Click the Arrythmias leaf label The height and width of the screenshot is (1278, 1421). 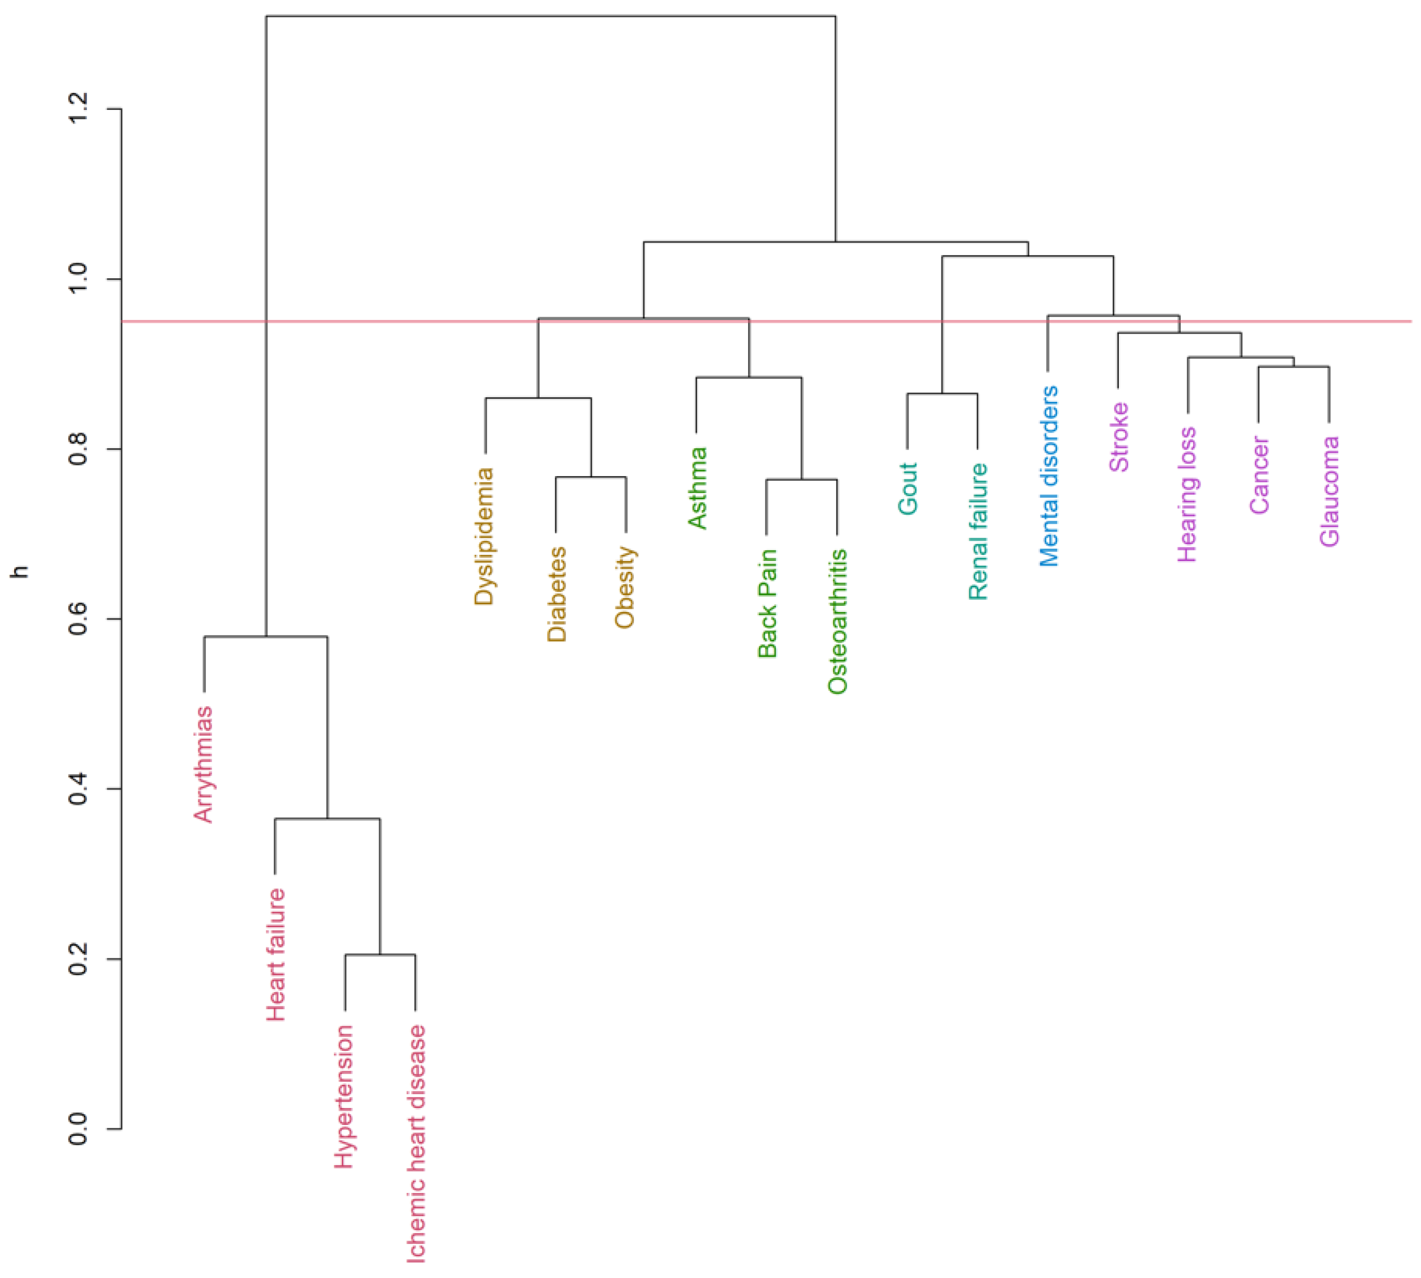[x=203, y=764]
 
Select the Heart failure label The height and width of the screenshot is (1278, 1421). [x=275, y=954]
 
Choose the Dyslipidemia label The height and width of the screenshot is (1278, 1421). [x=484, y=537]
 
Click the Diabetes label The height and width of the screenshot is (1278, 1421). [x=556, y=594]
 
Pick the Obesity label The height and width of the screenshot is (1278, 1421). [x=625, y=587]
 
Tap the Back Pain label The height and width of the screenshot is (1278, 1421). [x=767, y=603]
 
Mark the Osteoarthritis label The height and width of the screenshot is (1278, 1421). [x=837, y=622]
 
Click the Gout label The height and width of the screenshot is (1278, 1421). [x=907, y=488]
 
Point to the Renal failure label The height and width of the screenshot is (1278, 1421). [x=978, y=532]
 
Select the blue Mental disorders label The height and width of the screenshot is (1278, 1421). [x=1048, y=476]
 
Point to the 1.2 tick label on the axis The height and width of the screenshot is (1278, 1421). [x=78, y=109]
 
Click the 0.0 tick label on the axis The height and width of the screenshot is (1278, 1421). [x=78, y=1128]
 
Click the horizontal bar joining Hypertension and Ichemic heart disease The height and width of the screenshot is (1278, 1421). [x=380, y=954]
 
